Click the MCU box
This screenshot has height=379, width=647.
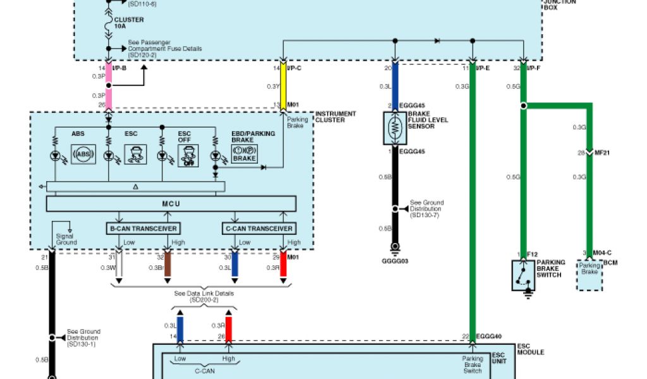click(171, 203)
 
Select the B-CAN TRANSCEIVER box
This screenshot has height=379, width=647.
click(143, 228)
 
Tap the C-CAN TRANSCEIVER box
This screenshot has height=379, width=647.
click(259, 228)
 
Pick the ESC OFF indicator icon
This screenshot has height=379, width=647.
click(185, 154)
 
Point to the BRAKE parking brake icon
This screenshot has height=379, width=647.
click(244, 154)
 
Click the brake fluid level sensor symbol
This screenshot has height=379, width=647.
click(395, 128)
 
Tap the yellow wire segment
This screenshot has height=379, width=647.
click(284, 87)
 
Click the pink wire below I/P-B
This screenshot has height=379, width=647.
click(109, 86)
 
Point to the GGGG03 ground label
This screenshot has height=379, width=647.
click(395, 260)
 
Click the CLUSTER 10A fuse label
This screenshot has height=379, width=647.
click(129, 23)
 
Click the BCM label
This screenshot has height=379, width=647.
click(610, 262)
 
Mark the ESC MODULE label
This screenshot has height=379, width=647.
click(530, 349)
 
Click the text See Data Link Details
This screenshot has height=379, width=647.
click(204, 294)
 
